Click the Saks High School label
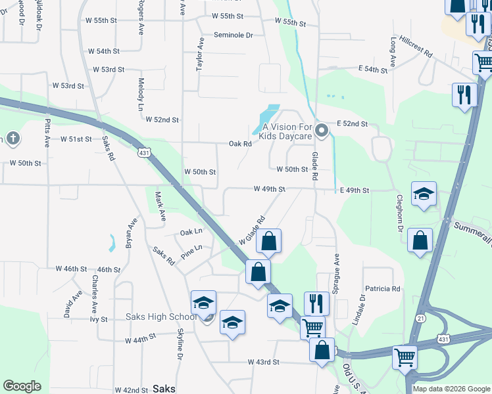pyautogui.click(x=160, y=317)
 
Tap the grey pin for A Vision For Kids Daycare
pyautogui.click(x=322, y=131)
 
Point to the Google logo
pyautogui.click(x=22, y=386)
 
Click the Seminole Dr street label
pyautogui.click(x=233, y=35)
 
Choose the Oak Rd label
pyautogui.click(x=240, y=144)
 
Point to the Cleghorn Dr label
pyautogui.click(x=399, y=213)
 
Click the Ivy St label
pyautogui.click(x=98, y=319)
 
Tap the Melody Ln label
pyautogui.click(x=141, y=94)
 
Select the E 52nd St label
pyautogui.click(x=352, y=123)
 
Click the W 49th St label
pyautogui.click(x=270, y=189)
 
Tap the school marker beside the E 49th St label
pyautogui.click(x=424, y=194)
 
